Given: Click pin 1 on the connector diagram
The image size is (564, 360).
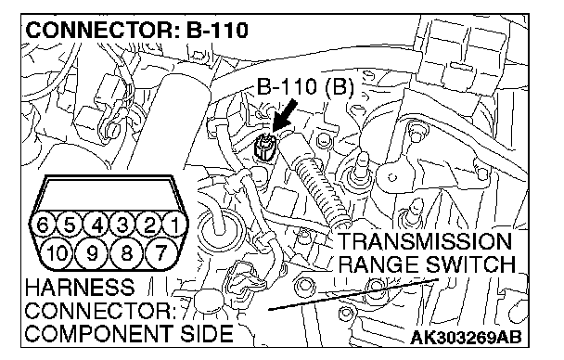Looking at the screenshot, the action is pos(175,225).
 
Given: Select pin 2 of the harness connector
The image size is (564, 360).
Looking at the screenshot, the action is pos(149,225).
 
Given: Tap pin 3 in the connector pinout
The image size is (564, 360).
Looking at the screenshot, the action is pos(123,225).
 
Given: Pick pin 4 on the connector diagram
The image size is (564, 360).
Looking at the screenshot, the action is pos(96,225).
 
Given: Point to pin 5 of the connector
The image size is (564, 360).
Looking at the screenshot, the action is pos(70,225).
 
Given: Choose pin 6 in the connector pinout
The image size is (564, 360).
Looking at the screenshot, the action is pos(44,225).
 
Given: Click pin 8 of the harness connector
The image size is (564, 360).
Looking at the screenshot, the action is pos(126,252).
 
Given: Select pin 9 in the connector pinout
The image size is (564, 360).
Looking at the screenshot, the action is pos(93,252).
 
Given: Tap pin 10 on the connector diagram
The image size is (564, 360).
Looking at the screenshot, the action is pos(58,252).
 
